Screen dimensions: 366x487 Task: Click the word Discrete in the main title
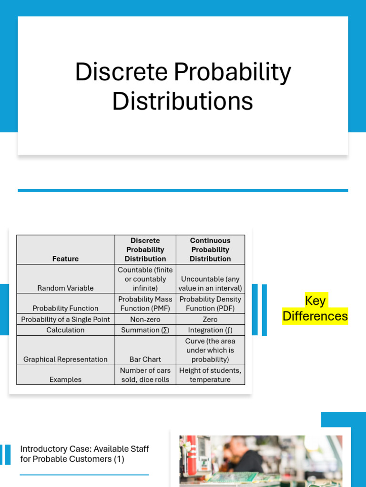[x=121, y=72]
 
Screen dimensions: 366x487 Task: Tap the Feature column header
[x=65, y=259]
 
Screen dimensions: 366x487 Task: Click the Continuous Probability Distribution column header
[x=210, y=250]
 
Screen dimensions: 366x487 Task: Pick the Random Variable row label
[x=65, y=288]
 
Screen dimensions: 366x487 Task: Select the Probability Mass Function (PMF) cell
[x=145, y=303]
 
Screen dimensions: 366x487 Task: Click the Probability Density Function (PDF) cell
[x=210, y=303]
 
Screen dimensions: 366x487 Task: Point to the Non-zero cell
[x=145, y=320]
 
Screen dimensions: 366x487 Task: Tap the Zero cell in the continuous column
[x=210, y=320]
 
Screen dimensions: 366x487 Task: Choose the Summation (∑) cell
[x=145, y=330]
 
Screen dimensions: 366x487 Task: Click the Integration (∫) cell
[x=210, y=330]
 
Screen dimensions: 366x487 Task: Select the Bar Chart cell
[x=145, y=360]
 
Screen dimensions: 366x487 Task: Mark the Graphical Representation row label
[x=65, y=360]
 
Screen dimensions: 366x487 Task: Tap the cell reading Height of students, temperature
[x=210, y=375]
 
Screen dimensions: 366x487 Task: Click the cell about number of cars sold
[x=145, y=375]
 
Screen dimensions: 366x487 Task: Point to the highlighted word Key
[x=315, y=301]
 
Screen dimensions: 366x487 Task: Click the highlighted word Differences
[x=315, y=316]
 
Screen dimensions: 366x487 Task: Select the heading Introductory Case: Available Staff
[x=84, y=449]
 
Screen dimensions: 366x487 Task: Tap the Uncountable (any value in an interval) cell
[x=210, y=283]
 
